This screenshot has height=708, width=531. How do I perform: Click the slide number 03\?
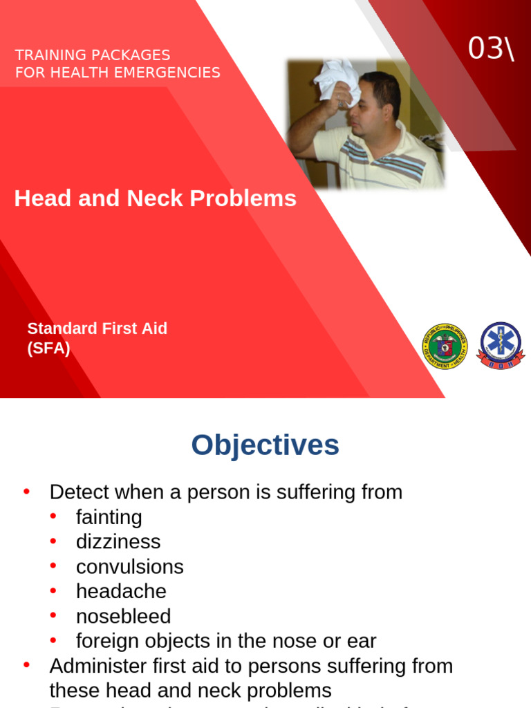point(491,48)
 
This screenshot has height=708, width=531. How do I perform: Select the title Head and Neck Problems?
point(156,198)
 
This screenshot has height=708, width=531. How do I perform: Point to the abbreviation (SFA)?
point(48,348)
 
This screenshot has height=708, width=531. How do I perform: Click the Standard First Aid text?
point(97,328)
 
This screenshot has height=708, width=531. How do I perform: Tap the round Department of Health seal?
point(445,346)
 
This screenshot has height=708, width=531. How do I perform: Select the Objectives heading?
point(265,445)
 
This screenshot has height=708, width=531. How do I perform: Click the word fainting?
point(109,517)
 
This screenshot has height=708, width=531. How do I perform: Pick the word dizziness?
point(118,542)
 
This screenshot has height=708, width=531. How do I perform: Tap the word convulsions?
point(130,567)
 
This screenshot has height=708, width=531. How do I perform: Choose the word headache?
point(121,592)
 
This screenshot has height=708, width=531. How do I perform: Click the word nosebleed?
point(123,617)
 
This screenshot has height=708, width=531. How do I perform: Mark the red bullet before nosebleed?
point(54,615)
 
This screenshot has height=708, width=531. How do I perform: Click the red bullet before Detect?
point(27,492)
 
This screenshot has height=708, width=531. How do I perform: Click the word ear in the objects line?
point(363,642)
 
